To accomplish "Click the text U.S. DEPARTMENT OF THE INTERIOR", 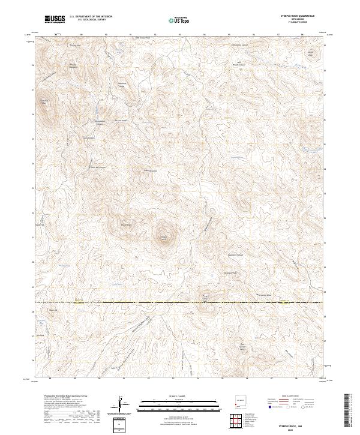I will pyautogui.click(x=91, y=17).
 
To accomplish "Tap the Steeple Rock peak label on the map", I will pyautogui.click(x=163, y=238).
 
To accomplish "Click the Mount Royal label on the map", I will pyautogui.click(x=127, y=225).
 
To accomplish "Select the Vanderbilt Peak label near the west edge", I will pyautogui.click(x=43, y=102).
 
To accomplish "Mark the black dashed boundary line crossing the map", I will pyautogui.click(x=180, y=302).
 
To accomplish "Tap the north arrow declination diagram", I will pyautogui.click(x=121, y=403).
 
